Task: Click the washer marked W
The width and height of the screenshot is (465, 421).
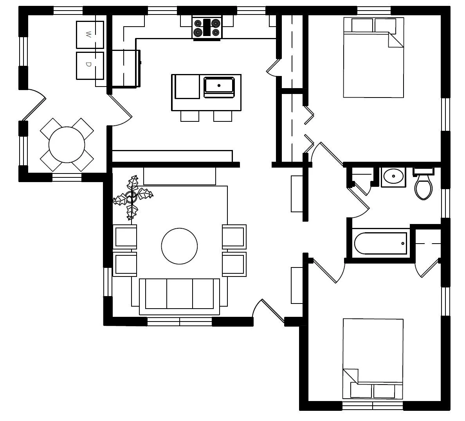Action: (x=90, y=35)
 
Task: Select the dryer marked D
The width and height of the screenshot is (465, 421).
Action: (x=90, y=65)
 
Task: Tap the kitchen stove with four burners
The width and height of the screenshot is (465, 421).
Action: (x=207, y=28)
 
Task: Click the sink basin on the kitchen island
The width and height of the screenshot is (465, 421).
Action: (x=219, y=85)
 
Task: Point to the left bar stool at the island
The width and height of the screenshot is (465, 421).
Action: (x=189, y=116)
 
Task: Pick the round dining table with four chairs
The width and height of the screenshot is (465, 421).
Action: (x=67, y=144)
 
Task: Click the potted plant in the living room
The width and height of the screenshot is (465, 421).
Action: (x=132, y=197)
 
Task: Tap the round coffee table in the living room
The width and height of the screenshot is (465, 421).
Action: (x=179, y=246)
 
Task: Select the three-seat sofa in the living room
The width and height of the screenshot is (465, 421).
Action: (x=179, y=294)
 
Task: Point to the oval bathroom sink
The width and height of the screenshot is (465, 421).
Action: (x=393, y=176)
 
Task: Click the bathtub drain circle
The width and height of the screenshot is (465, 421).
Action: (x=403, y=243)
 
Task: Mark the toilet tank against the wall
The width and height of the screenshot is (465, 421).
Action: (x=424, y=171)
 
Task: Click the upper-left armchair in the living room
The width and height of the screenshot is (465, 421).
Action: (x=125, y=236)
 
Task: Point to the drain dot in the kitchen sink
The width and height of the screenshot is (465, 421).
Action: (x=219, y=85)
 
